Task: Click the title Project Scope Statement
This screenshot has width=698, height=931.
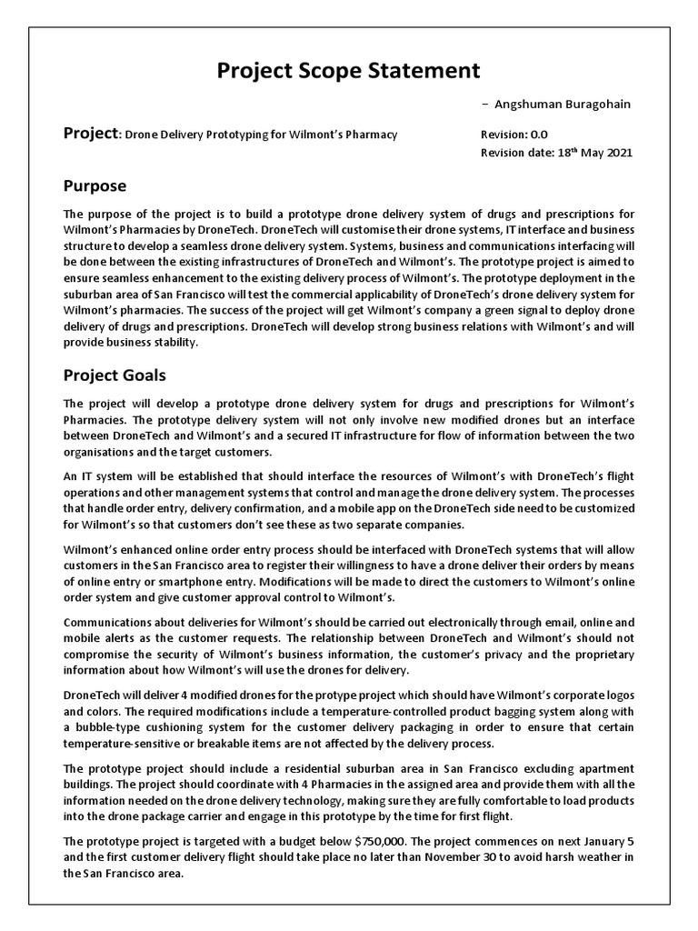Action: coord(349,70)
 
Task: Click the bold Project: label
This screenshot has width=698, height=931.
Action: coord(91,134)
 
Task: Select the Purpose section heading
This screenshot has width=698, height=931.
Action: coord(95,186)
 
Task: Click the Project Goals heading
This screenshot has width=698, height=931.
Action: coord(114,375)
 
